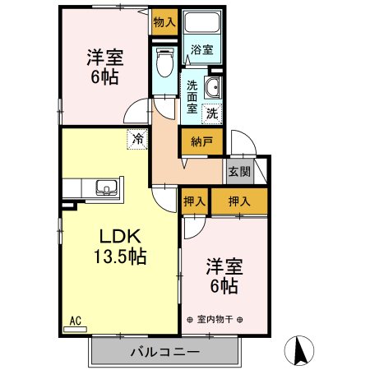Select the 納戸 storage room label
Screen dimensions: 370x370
[201, 141]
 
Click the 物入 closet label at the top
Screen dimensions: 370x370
[164, 22]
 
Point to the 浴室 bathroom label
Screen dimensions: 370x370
[201, 49]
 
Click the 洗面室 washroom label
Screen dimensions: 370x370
[191, 95]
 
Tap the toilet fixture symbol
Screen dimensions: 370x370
[164, 58]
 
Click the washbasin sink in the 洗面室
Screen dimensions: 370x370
[214, 90]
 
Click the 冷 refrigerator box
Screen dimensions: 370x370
[137, 140]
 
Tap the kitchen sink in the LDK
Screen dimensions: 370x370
[104, 187]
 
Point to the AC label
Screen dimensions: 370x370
[76, 321]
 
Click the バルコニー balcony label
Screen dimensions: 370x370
[164, 352]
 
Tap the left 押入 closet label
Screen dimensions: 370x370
[195, 200]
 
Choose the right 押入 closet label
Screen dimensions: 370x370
[238, 200]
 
